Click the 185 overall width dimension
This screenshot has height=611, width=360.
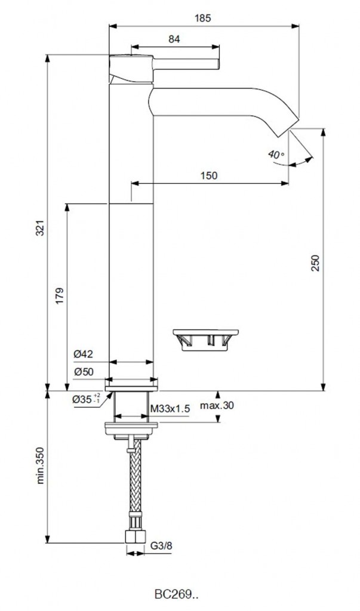pyautogui.click(x=202, y=18)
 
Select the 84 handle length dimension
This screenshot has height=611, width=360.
pyautogui.click(x=174, y=39)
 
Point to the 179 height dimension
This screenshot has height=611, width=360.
pyautogui.click(x=59, y=296)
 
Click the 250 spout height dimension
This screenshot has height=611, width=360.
pyautogui.click(x=315, y=263)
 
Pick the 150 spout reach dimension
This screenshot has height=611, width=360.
pyautogui.click(x=209, y=175)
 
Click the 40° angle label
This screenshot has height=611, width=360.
pyautogui.click(x=276, y=155)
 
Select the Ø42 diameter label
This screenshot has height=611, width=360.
pyautogui.click(x=84, y=354)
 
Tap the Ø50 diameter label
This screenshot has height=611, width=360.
pyautogui.click(x=84, y=372)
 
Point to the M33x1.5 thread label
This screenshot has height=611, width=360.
pyautogui.click(x=170, y=409)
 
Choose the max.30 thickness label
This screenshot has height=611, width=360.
pyautogui.click(x=217, y=405)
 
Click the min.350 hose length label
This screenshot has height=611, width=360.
pyautogui.click(x=40, y=465)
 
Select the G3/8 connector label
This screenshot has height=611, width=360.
pyautogui.click(x=161, y=546)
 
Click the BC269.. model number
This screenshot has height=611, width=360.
pyautogui.click(x=177, y=595)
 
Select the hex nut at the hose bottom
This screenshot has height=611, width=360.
pyautogui.click(x=133, y=536)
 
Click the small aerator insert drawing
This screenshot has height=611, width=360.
pyautogui.click(x=205, y=340)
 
